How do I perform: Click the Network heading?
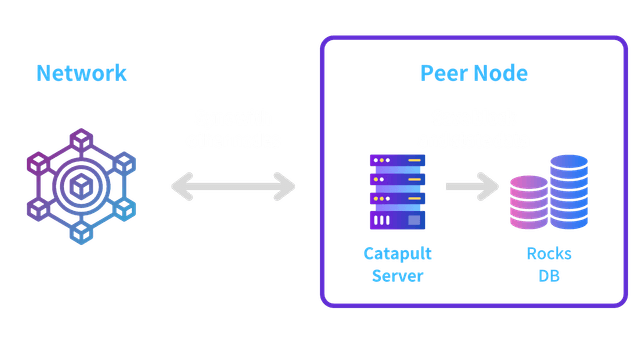(x=81, y=73)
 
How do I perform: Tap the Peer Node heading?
(x=473, y=73)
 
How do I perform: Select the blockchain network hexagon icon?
(x=80, y=184)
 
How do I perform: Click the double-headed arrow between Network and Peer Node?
(x=233, y=185)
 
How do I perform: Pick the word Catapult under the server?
(x=397, y=253)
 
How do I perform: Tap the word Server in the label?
(x=397, y=274)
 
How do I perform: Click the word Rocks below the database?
(x=549, y=253)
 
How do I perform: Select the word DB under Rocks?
(x=549, y=274)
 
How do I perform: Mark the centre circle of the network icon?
(x=80, y=185)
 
